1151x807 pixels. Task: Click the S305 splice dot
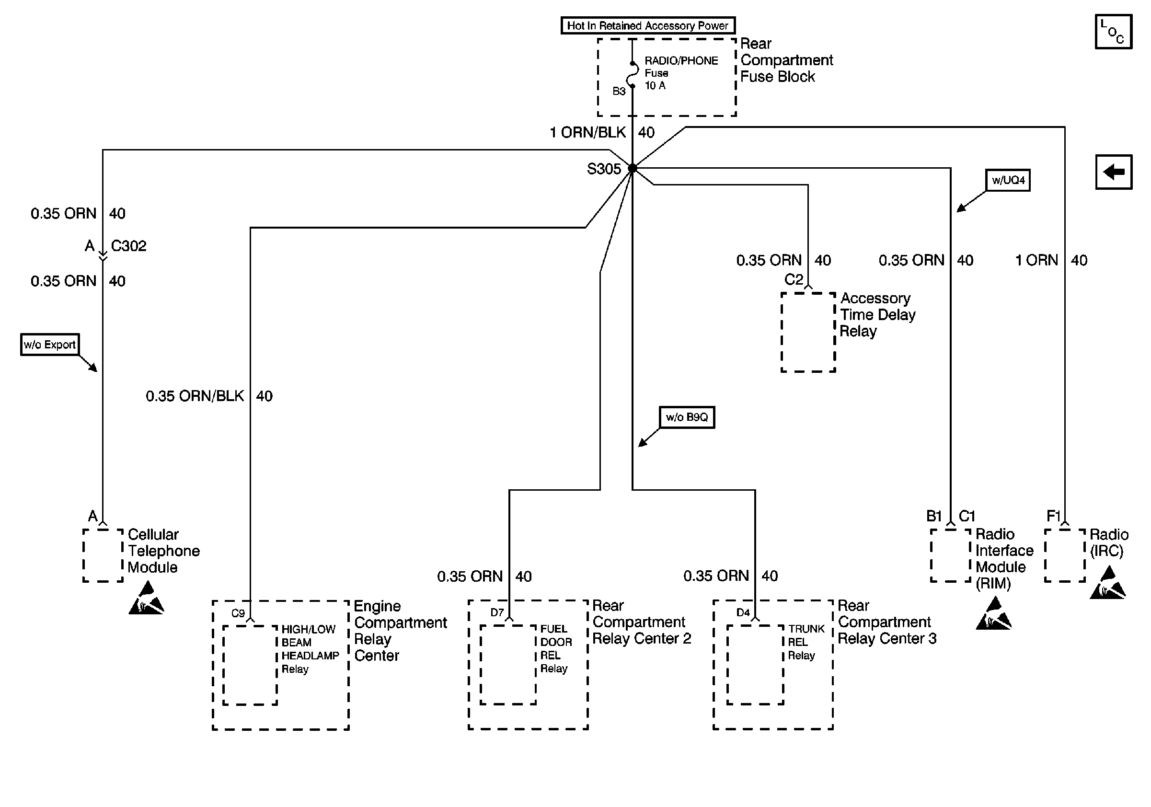[x=632, y=168]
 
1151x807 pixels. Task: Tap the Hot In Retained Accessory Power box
[x=648, y=25]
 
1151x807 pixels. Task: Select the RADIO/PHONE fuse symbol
[x=632, y=75]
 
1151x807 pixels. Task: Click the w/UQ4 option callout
[x=1008, y=181]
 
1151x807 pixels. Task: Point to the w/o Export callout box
[x=50, y=345]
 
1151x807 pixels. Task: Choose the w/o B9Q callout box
[x=687, y=417]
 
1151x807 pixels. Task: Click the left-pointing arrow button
[x=1114, y=172]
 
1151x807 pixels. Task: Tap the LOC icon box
[x=1114, y=32]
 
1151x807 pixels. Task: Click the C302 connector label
[x=129, y=246]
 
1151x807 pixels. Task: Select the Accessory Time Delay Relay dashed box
[x=808, y=332]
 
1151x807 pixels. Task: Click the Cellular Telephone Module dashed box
[x=103, y=555]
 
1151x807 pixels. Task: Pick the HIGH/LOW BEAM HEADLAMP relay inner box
[x=250, y=665]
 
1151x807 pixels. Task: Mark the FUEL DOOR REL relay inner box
[x=508, y=665]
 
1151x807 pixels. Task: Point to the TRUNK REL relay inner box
[x=756, y=665]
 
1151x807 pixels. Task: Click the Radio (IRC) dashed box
[x=1065, y=555]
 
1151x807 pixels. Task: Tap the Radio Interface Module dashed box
[x=951, y=555]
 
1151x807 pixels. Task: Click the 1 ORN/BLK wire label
[x=587, y=132]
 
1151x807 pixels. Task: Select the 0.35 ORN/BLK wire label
[x=195, y=396]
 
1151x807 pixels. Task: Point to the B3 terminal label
[x=619, y=91]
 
